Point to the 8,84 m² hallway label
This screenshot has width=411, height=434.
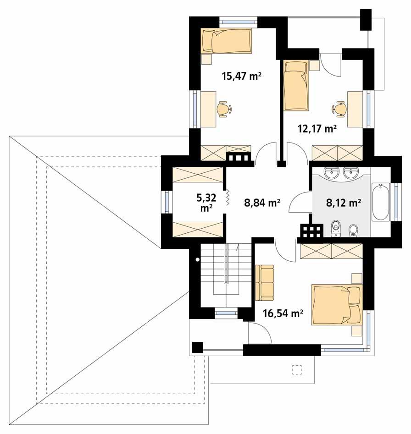[x=262, y=203]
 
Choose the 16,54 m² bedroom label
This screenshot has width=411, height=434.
[x=283, y=313]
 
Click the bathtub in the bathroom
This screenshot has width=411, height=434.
[x=380, y=202]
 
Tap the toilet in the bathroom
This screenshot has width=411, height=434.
[x=336, y=228]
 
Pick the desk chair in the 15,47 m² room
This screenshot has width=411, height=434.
[x=224, y=109]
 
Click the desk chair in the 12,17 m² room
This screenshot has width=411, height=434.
[x=339, y=109]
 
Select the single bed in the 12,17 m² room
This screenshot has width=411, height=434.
[x=295, y=86]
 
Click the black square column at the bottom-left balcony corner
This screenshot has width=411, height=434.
[x=197, y=347]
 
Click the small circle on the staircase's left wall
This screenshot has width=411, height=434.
[x=197, y=260]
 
